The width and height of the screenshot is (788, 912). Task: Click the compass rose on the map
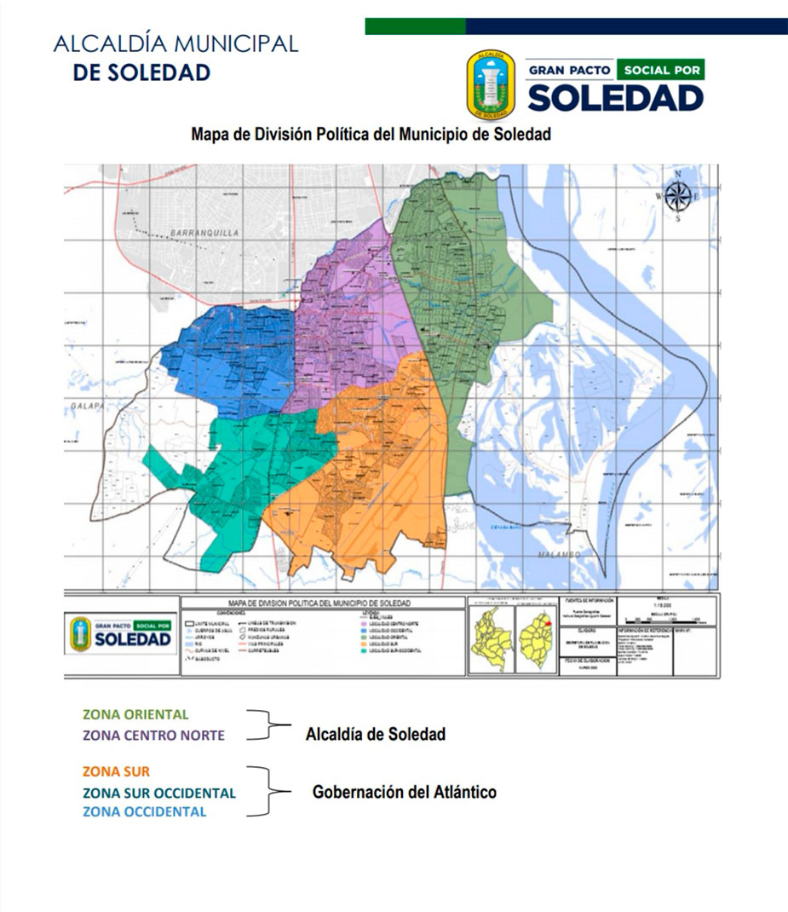(677, 196)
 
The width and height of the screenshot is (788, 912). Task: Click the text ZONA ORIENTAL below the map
(135, 714)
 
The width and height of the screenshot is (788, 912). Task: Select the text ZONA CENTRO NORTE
(153, 735)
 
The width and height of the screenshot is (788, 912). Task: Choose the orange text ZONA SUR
(116, 771)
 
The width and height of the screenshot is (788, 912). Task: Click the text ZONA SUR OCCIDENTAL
(158, 793)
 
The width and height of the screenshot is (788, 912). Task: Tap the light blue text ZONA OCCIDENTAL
(144, 811)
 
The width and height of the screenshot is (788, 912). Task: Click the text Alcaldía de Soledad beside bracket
(375, 734)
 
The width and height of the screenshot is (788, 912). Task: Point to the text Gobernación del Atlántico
(404, 792)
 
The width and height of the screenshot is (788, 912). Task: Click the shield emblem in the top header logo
(491, 84)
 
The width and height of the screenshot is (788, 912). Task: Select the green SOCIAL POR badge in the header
(661, 69)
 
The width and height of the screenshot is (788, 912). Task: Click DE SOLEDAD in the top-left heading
(141, 72)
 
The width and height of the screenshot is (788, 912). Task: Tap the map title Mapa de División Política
(371, 134)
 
